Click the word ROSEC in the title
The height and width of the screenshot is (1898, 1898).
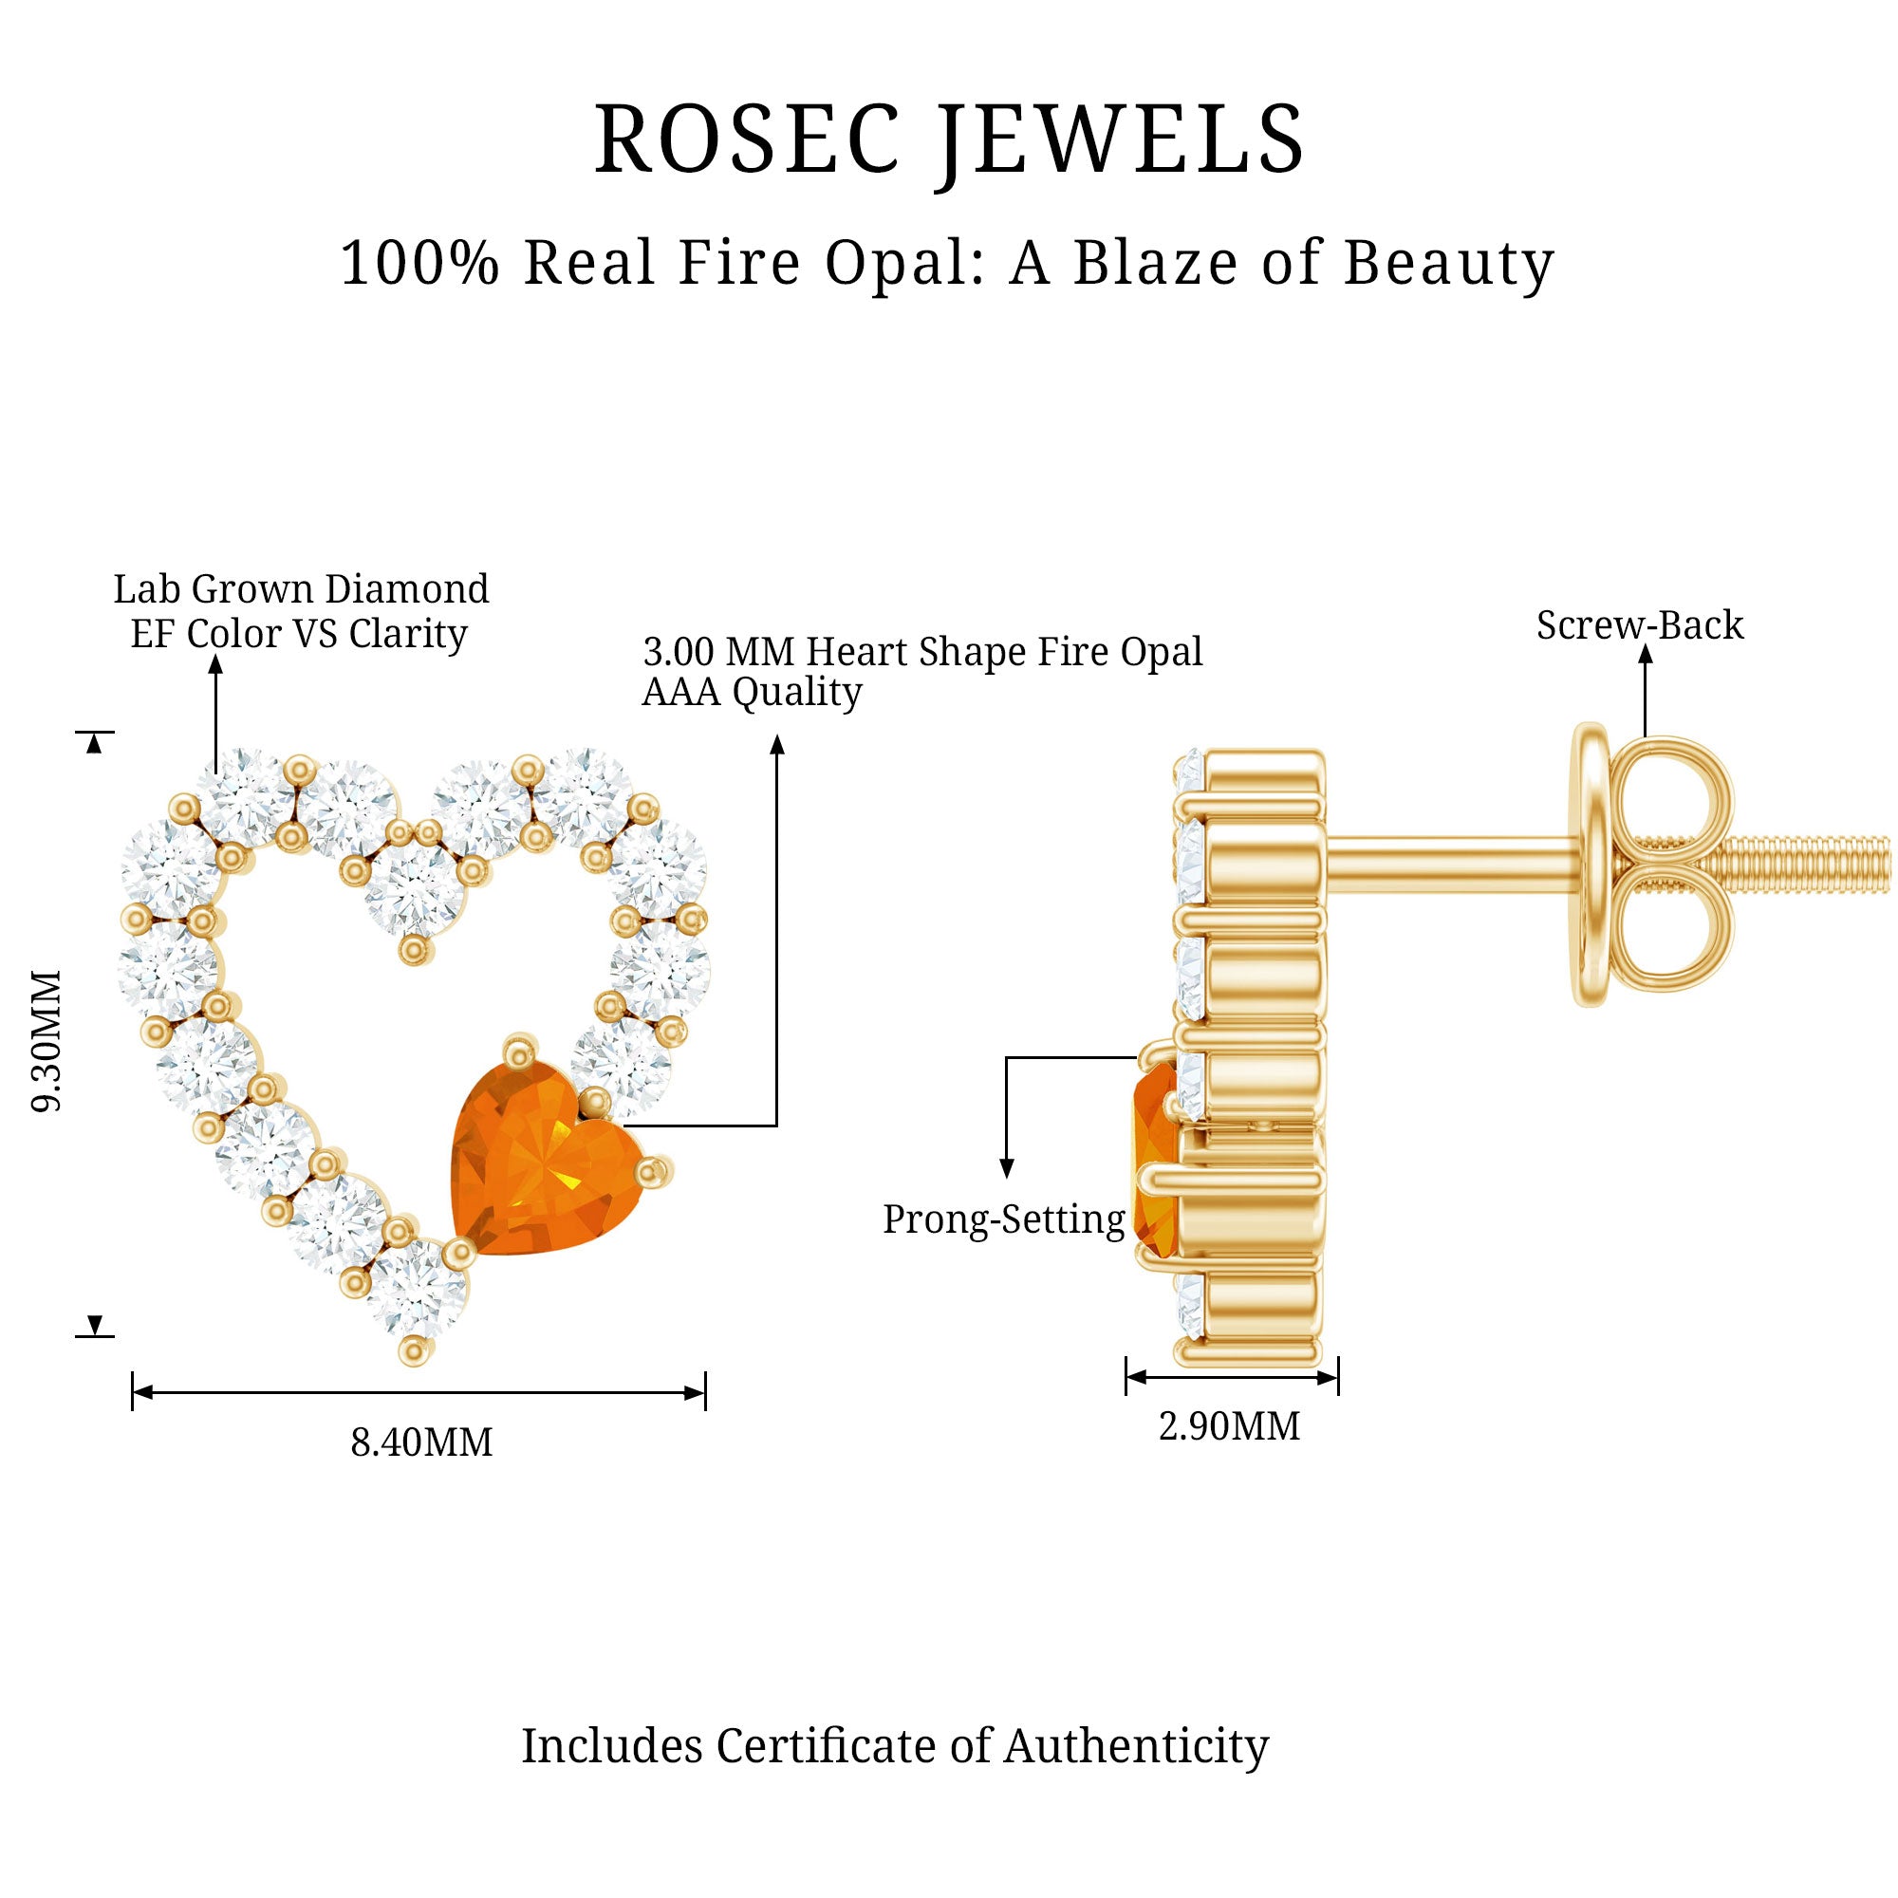coord(746,140)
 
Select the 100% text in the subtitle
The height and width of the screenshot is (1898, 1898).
coord(419,263)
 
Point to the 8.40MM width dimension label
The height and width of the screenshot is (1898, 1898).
coord(421,1443)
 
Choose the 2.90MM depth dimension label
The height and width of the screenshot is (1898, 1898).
coord(1229,1426)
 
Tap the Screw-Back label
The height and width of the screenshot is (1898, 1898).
coord(1640,624)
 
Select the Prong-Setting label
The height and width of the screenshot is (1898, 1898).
coord(1003,1219)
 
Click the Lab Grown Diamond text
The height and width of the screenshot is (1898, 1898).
coord(301,589)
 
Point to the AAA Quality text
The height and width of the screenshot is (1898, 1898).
coord(752,693)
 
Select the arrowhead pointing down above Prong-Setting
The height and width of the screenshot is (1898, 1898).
coord(1006,1168)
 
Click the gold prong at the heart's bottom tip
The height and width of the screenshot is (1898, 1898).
coord(415,1352)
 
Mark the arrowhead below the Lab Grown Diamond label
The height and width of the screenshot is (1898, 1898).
coord(216,665)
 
